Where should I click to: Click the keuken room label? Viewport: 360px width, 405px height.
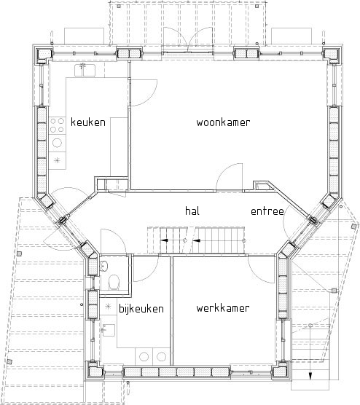pos(88,122)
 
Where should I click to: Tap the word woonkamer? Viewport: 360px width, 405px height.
pos(223,122)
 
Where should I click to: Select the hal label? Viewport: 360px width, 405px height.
pos(192,211)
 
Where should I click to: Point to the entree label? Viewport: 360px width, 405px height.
pos(267,211)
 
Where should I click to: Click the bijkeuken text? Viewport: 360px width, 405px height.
pos(141,308)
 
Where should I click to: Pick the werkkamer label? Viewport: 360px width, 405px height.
pos(223,308)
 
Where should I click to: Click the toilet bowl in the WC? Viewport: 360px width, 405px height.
pos(114,282)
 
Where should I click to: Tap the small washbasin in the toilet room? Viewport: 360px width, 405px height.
pos(104,266)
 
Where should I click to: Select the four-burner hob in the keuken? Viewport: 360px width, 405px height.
pos(57,125)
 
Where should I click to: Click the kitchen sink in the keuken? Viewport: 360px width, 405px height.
pos(85,70)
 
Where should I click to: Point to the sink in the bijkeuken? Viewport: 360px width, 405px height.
pos(109,331)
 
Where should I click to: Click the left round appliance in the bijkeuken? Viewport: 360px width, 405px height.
pos(144,357)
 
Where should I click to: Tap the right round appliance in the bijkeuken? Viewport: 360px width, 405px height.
pos(161,357)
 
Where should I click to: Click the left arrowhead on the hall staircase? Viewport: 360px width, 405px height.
pos(165,240)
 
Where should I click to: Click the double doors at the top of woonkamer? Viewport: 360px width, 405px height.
pos(188,39)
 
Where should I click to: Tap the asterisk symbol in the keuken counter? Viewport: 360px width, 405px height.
pos(57,160)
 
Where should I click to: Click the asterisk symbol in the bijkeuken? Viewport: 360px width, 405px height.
pos(108,307)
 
